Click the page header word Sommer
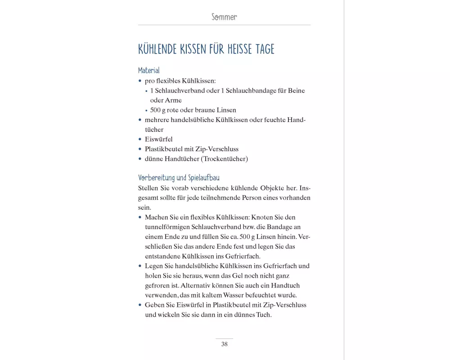(x=224, y=17)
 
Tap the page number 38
(x=224, y=344)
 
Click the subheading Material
(x=149, y=71)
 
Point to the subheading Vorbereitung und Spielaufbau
(x=179, y=178)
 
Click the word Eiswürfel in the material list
(x=158, y=139)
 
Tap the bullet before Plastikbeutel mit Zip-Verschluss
(x=140, y=149)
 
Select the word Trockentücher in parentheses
(x=225, y=159)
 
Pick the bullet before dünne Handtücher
(x=140, y=159)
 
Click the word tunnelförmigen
(x=167, y=227)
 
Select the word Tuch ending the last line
(x=264, y=315)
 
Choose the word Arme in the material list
(x=173, y=100)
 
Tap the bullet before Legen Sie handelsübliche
(x=140, y=266)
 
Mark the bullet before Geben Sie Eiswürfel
(x=140, y=305)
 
